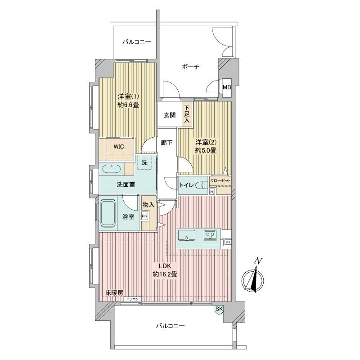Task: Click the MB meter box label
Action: [x=227, y=87]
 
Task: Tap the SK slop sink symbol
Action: [x=219, y=309]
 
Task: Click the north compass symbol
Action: [x=253, y=279]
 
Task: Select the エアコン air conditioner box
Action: [x=132, y=299]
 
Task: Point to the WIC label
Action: [x=119, y=147]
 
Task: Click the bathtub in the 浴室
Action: [x=108, y=213]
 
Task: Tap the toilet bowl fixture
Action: [x=201, y=185]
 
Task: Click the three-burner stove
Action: [x=210, y=235]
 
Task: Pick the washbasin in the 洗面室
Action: [x=111, y=169]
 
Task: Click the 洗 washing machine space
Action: [x=144, y=162]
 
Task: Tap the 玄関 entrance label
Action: [x=170, y=115]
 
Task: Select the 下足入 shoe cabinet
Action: [x=187, y=114]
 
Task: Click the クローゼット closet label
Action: [x=220, y=181]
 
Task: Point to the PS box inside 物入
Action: [x=144, y=216]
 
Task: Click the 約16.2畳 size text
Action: [x=165, y=274]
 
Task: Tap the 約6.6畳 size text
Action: [x=128, y=105]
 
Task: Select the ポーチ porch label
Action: [x=190, y=67]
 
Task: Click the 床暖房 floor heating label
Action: [x=114, y=293]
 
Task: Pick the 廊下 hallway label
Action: [x=166, y=143]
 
